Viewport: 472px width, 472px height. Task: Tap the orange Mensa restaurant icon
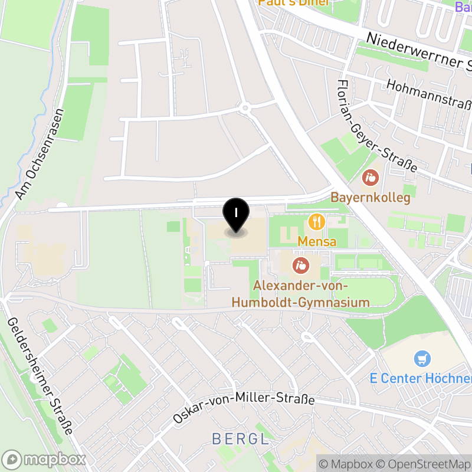click(317, 222)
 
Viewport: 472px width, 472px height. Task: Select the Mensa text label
click(317, 241)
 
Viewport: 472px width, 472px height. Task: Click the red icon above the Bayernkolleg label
click(371, 176)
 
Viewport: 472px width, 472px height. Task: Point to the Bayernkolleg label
click(370, 197)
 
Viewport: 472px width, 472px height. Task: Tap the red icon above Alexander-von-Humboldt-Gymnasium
click(301, 265)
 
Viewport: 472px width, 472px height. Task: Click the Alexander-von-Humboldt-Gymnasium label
click(301, 294)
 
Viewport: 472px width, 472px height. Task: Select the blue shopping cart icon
click(422, 358)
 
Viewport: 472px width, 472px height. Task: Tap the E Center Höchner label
click(421, 378)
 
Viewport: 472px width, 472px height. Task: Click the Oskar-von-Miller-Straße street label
click(244, 408)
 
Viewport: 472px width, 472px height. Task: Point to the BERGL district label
click(240, 439)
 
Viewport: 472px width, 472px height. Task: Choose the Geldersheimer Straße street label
click(40, 375)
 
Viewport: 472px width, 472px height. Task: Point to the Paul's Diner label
click(293, 3)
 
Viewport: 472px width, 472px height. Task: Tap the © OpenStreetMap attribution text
click(424, 464)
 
